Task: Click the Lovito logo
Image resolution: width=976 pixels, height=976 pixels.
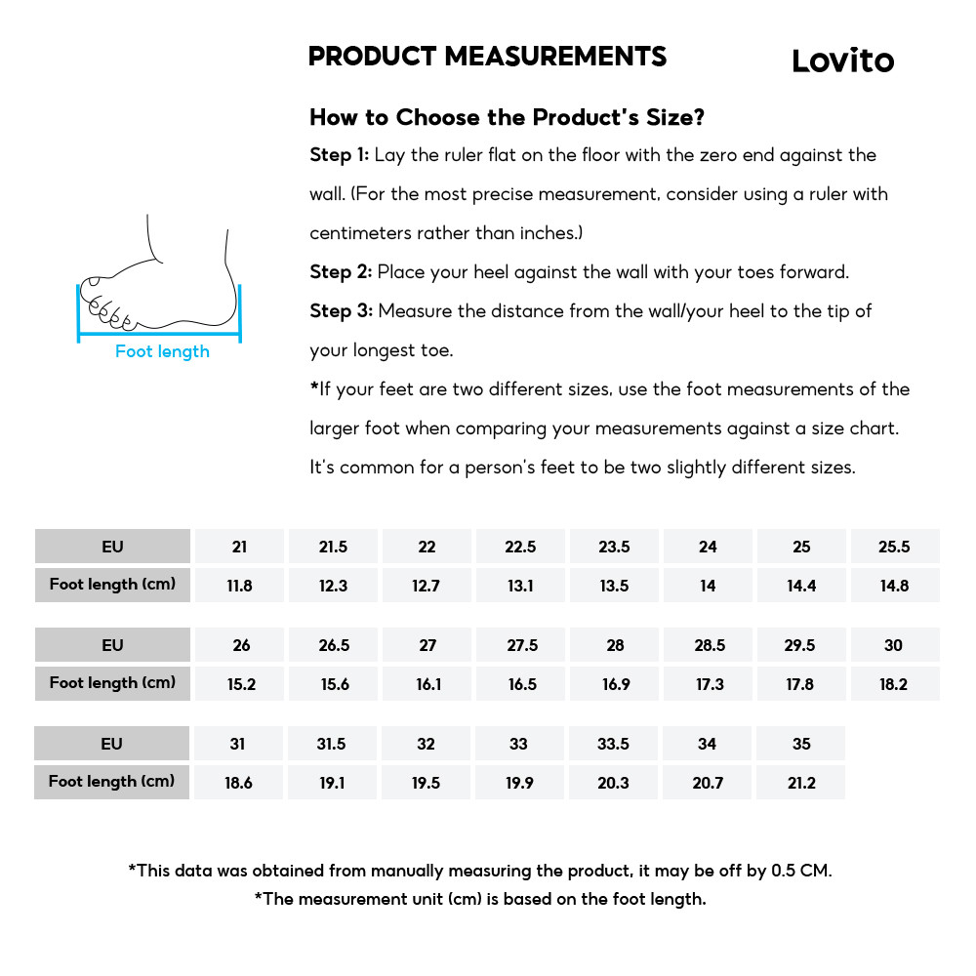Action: point(842,61)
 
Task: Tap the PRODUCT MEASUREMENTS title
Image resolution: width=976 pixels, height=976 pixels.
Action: point(487,57)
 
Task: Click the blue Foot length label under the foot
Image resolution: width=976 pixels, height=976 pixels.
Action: point(162,351)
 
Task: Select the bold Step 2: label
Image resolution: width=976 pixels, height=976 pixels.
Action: point(341,272)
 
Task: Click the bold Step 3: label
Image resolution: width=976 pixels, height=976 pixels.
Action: point(341,311)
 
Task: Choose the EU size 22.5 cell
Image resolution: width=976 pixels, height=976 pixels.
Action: point(520,547)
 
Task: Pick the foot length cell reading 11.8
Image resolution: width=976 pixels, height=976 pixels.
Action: point(239,586)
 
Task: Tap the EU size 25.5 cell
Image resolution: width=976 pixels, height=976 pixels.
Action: point(894,547)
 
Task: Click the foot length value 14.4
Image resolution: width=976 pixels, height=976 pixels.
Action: point(801,586)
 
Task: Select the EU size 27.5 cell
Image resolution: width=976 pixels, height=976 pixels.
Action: point(522,645)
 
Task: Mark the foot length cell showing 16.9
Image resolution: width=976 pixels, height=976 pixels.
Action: point(616,684)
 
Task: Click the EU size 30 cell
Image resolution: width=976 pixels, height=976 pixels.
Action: point(893,645)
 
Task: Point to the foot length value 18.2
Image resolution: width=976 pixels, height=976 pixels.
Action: point(893,684)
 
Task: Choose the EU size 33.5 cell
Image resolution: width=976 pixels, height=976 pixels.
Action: point(613,744)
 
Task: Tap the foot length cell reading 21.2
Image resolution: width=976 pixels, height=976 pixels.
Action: point(801,783)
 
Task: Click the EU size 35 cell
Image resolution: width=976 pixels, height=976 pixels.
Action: point(801,744)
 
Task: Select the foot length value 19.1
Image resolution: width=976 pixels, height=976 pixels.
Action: point(332,783)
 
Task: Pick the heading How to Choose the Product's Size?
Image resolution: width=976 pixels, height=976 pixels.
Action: point(507,118)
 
